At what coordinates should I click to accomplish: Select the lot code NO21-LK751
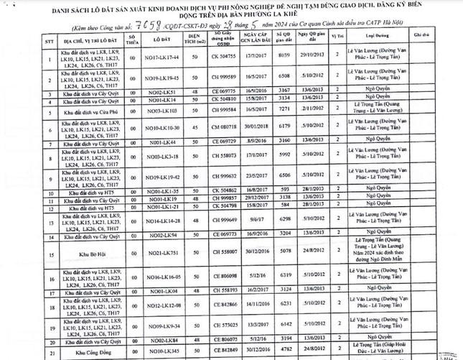[x=159, y=253]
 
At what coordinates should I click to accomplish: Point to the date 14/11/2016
[x=264, y=304]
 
